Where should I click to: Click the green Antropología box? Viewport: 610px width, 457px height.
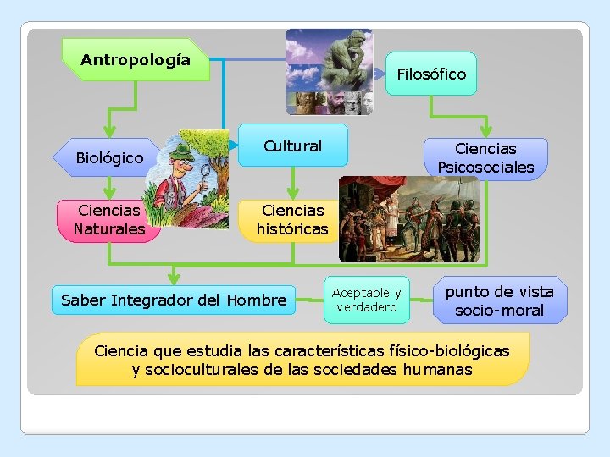pos(136,60)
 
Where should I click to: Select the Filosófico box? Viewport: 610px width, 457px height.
pos(431,74)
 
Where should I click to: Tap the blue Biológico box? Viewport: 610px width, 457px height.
pos(108,157)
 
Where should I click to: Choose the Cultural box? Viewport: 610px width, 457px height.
pos(292,146)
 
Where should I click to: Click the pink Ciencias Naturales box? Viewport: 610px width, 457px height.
pos(108,220)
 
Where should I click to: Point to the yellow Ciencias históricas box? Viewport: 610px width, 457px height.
pos(291,220)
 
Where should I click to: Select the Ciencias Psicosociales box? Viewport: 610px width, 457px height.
pos(485,158)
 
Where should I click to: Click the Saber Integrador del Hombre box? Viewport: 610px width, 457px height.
pos(174,300)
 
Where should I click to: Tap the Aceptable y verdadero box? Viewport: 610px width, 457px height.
pos(366,300)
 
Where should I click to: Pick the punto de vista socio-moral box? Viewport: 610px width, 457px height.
pos(499,300)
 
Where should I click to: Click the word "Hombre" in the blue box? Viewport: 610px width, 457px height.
pos(262,300)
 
